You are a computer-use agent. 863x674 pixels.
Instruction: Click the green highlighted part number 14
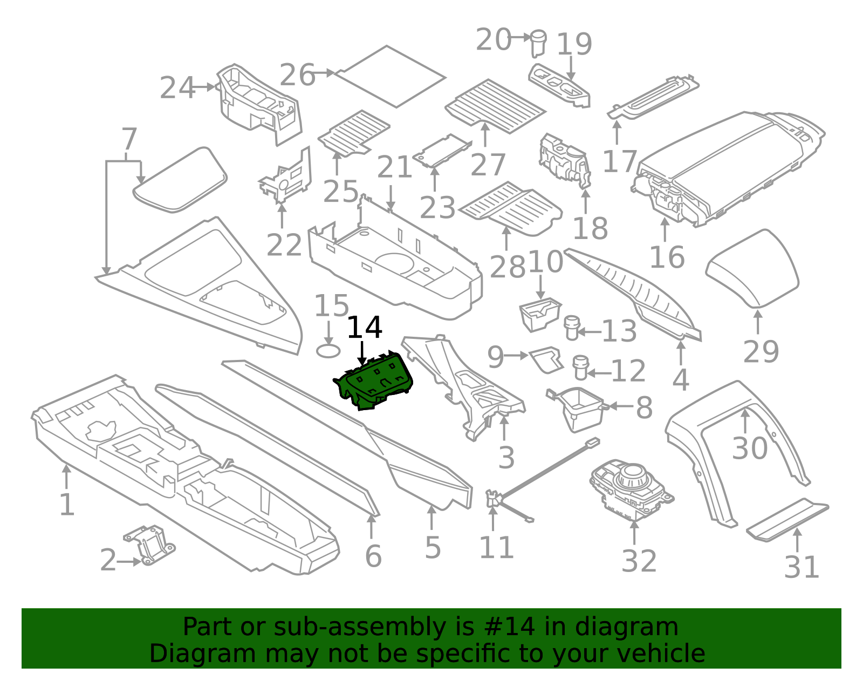(x=373, y=380)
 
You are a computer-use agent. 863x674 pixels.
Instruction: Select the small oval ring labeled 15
(x=328, y=351)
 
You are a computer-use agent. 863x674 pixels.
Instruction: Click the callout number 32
(x=639, y=561)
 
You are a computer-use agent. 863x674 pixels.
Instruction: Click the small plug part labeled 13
(x=572, y=328)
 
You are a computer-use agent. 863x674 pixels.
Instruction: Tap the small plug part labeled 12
(x=580, y=368)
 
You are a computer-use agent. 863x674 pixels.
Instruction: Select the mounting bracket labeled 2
(x=149, y=544)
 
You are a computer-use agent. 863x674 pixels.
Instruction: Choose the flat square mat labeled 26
(x=391, y=76)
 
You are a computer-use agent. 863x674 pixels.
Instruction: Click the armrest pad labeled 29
(x=752, y=269)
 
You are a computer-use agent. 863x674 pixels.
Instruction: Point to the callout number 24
(x=177, y=87)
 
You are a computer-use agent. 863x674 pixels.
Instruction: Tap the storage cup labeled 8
(x=579, y=410)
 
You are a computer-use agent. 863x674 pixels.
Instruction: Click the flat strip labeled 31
(x=787, y=520)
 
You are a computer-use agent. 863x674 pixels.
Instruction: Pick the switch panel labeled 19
(x=559, y=86)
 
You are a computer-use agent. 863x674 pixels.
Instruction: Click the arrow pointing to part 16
(x=665, y=229)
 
